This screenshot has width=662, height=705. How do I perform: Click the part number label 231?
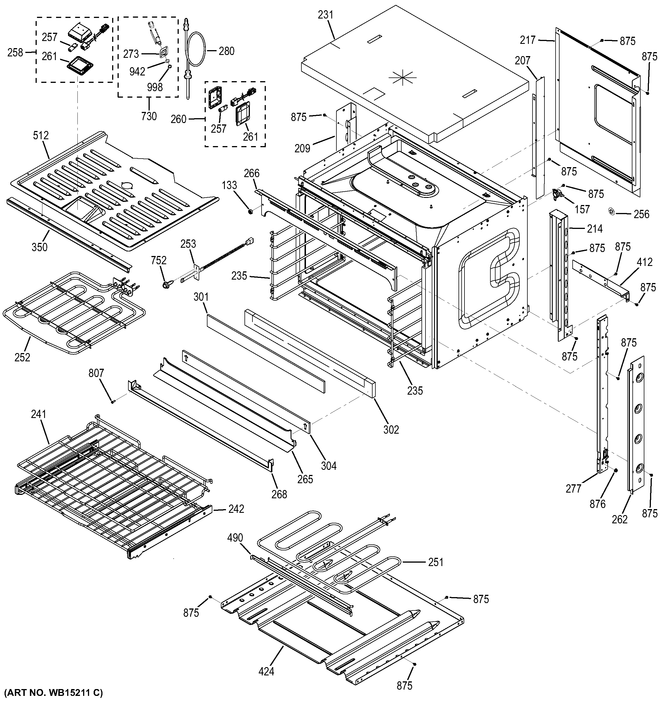tap(326, 15)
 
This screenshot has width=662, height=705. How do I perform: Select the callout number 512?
tap(41, 136)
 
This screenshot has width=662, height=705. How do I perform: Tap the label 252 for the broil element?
tap(22, 357)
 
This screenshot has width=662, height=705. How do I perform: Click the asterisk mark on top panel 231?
tap(403, 78)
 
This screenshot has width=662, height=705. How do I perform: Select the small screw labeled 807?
tap(113, 401)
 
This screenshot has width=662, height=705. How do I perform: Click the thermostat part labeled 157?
tap(558, 194)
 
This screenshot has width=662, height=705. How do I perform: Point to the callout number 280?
tap(227, 51)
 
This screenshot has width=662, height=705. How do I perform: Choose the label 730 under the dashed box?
tap(149, 116)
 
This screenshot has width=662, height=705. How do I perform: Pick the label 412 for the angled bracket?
tap(644, 262)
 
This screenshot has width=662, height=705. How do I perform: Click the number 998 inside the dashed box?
tap(155, 87)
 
